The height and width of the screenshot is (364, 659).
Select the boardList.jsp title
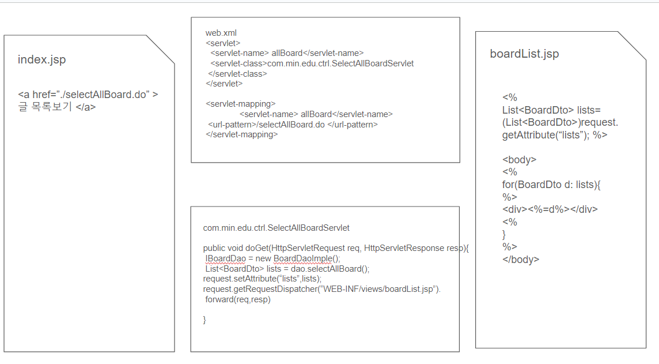[524, 54]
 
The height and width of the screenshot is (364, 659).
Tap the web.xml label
[221, 33]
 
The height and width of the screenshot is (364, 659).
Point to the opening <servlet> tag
[223, 43]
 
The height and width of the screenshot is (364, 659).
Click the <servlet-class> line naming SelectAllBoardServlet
[312, 63]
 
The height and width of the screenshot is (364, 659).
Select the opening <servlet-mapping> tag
[240, 104]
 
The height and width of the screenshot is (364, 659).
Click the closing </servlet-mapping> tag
[241, 134]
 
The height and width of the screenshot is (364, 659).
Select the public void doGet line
[336, 248]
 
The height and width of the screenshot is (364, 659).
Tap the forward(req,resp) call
[237, 299]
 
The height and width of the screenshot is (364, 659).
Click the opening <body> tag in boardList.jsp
[519, 160]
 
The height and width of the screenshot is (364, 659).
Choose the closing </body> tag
[521, 260]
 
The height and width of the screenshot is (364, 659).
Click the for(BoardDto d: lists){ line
[551, 185]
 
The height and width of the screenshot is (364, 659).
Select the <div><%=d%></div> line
[550, 209]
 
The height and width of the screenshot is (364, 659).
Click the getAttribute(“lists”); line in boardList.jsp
[554, 135]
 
